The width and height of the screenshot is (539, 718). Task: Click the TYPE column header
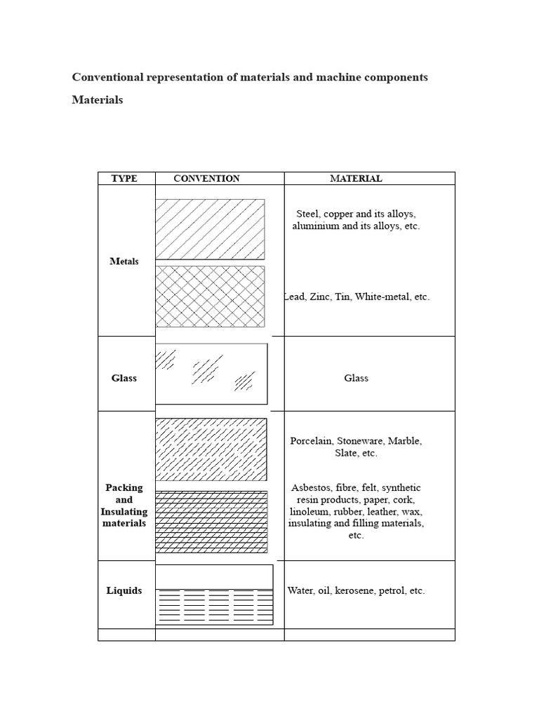point(124,179)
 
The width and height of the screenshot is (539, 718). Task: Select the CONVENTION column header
point(206,179)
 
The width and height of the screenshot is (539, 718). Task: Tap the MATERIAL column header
point(356,179)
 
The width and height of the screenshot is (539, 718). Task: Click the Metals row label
point(124,262)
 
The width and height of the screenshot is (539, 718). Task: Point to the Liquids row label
point(124,590)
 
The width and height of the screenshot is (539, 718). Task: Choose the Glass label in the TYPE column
point(124,378)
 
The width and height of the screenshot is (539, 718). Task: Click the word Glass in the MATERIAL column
point(356,378)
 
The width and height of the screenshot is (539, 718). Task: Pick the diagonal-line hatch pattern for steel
point(210,229)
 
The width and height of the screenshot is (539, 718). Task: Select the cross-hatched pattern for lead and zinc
point(210,296)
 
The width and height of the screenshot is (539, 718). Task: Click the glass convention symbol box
point(211,374)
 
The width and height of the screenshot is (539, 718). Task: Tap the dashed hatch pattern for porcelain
point(211,449)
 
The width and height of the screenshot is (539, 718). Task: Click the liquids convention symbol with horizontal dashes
point(214,605)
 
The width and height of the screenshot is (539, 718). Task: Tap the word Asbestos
point(311,487)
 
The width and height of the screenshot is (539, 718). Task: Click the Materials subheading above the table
point(97,100)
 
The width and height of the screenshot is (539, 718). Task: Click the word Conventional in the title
point(107,77)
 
